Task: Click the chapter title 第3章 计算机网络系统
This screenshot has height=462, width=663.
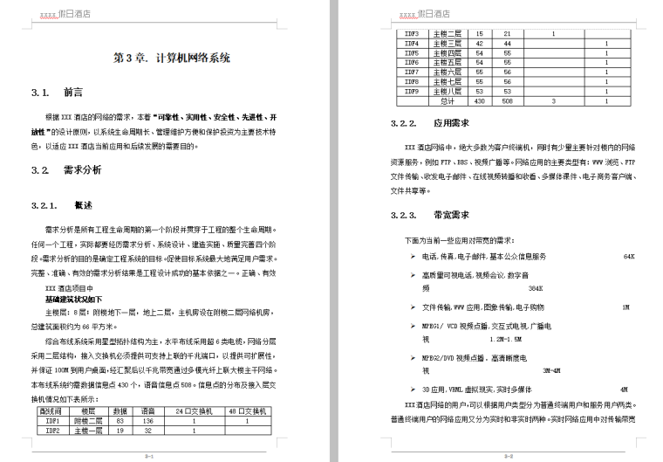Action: [x=172, y=59]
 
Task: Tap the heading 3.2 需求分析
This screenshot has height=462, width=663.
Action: [x=65, y=169]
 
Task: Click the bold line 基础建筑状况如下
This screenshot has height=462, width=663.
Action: [x=77, y=299]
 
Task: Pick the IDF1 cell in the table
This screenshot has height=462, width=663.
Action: [x=51, y=420]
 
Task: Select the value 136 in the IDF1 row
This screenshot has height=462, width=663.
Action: [x=148, y=420]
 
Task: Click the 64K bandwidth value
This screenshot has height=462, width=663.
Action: [x=629, y=257]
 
